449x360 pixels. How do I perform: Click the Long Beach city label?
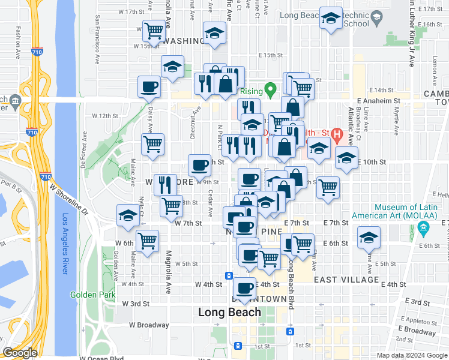(x=230, y=312)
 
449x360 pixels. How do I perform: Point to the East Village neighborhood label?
(x=346, y=280)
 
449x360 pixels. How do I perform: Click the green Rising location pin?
(x=271, y=91)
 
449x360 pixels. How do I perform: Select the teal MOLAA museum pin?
(x=423, y=229)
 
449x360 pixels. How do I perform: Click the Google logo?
(x=20, y=353)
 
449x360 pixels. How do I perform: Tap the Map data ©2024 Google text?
(x=412, y=355)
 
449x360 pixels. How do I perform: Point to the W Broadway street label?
(x=149, y=325)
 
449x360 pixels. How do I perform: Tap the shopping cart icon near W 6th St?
(x=148, y=241)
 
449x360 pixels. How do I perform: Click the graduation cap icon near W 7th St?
(x=128, y=216)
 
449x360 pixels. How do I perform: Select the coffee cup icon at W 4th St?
(x=244, y=288)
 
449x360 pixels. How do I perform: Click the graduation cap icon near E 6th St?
(x=369, y=238)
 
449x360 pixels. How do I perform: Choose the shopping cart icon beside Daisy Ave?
(x=153, y=144)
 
